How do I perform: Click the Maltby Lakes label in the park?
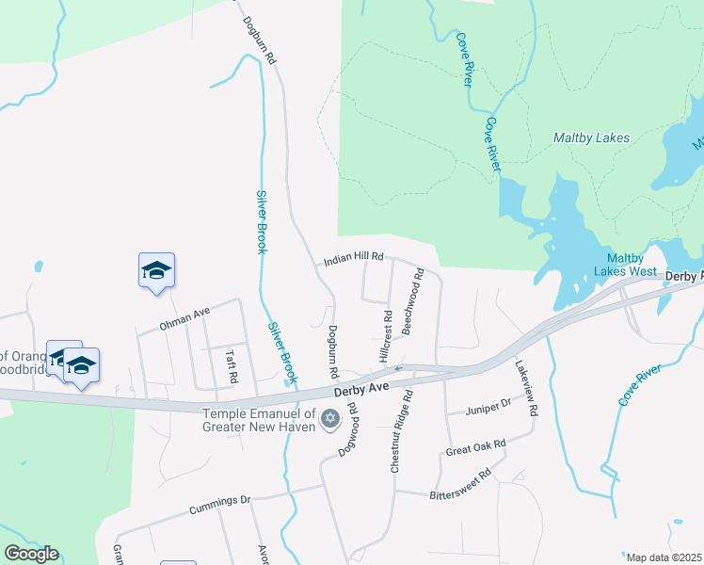[592, 137]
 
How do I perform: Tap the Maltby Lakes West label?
[631, 265]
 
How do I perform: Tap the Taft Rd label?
[231, 367]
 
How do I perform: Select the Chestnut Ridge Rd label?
[402, 432]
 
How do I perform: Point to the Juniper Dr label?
[489, 407]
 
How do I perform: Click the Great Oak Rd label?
[476, 446]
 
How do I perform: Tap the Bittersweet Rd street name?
[461, 484]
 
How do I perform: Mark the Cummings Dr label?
[220, 504]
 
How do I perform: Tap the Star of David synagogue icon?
[329, 418]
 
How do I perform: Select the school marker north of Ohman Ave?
[156, 270]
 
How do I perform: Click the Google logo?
[31, 554]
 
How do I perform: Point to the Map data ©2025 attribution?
[664, 557]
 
